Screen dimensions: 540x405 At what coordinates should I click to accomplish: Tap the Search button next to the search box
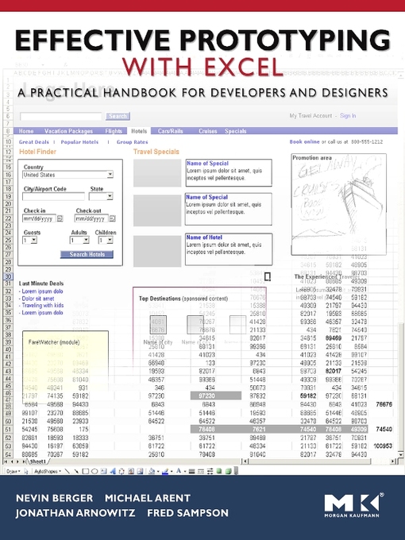click(118, 116)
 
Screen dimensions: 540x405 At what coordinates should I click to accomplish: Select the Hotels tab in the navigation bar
click(139, 131)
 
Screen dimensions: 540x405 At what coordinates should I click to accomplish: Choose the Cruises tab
click(207, 131)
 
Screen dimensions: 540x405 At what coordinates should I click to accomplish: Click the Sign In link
click(348, 116)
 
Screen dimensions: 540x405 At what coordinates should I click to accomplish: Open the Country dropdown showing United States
click(67, 175)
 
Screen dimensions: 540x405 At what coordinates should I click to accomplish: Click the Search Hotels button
click(87, 254)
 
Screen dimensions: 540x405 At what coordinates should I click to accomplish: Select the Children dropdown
click(105, 240)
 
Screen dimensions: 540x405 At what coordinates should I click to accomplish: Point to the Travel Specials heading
click(156, 150)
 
